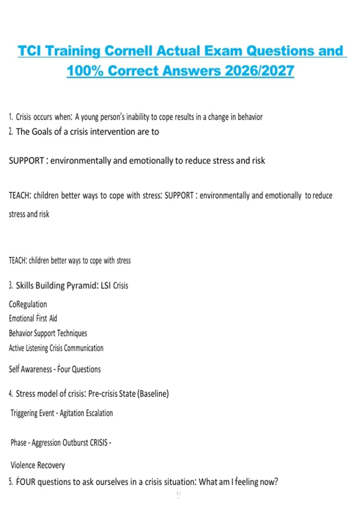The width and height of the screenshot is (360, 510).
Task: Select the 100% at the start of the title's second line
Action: [85, 71]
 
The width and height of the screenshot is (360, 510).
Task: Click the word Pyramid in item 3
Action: [82, 285]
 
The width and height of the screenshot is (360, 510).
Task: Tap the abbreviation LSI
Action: [106, 285]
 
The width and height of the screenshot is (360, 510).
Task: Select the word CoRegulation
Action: [28, 304]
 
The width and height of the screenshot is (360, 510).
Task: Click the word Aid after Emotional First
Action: [53, 318]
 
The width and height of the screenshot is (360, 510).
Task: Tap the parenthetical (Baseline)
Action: [153, 394]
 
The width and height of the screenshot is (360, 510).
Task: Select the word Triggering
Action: [24, 413]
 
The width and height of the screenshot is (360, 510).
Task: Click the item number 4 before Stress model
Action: [11, 394]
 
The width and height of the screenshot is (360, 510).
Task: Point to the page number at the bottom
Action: [178, 493]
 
